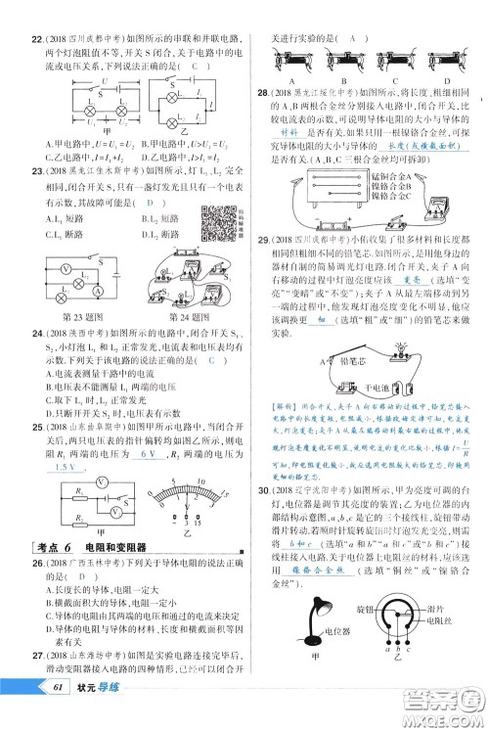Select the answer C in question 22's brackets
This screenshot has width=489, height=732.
pos(195,66)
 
